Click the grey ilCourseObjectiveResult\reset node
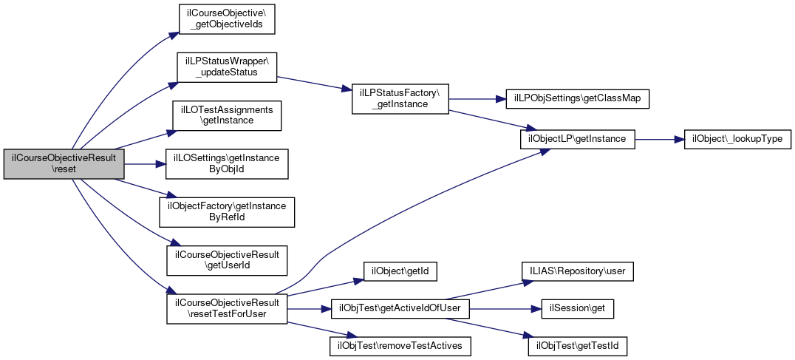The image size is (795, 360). [64, 163]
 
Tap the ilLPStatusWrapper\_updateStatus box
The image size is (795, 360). [226, 67]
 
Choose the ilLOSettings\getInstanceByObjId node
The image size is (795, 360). [227, 163]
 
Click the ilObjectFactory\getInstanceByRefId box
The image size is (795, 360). [227, 211]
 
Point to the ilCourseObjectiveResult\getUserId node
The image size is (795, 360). [227, 259]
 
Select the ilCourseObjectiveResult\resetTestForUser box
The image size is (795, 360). [227, 308]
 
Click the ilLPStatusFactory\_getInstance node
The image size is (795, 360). [400, 98]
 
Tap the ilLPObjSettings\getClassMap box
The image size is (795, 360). [576, 98]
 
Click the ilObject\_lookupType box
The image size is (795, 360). [738, 138]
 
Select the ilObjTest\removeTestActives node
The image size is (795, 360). [400, 344]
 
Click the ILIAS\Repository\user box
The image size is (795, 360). [578, 271]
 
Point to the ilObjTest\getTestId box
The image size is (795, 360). [578, 344]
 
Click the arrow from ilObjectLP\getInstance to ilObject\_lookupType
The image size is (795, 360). [659, 138]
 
